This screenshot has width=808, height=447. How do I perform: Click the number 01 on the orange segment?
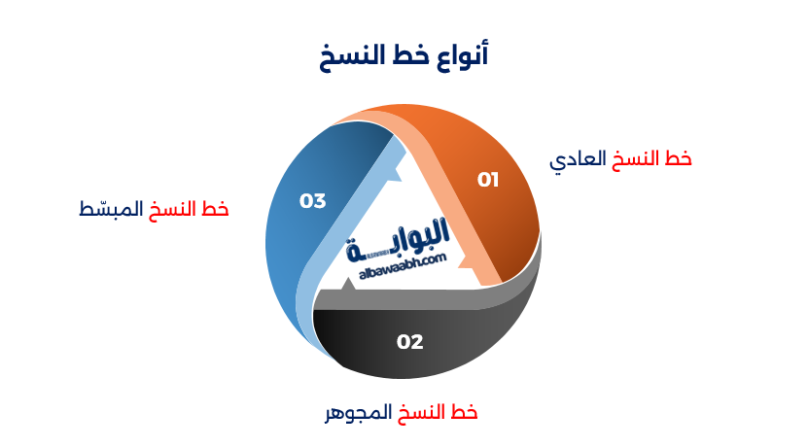coord(487,180)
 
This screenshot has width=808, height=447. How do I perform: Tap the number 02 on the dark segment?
coord(410,341)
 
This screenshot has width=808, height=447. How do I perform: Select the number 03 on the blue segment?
coord(312,201)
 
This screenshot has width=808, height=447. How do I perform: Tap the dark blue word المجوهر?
coord(358,412)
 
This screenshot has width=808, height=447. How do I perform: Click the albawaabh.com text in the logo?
coord(402,263)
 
